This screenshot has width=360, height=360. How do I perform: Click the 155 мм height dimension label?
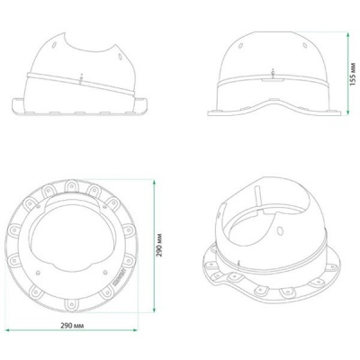tap(353, 74)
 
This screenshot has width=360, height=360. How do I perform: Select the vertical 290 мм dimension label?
tap(159, 245)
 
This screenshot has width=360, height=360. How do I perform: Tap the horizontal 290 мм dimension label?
tap(72, 326)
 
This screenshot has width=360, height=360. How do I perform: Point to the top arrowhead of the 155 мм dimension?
tap(347, 35)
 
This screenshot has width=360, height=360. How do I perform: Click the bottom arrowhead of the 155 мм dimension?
tap(347, 112)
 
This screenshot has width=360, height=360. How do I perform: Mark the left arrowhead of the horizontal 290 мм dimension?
tap(8, 330)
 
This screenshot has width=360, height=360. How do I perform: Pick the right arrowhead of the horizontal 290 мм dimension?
tap(135, 330)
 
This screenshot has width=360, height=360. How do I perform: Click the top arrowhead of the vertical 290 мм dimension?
tap(154, 183)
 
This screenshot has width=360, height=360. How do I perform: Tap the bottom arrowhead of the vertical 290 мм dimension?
tap(154, 310)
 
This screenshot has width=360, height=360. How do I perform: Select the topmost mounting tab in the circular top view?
tap(71, 185)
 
